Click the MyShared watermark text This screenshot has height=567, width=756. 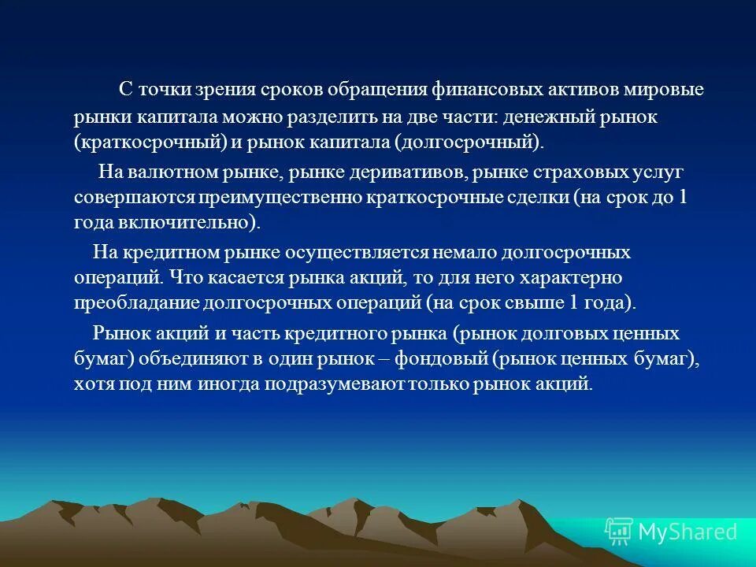687,532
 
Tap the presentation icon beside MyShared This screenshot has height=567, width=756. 618,532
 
